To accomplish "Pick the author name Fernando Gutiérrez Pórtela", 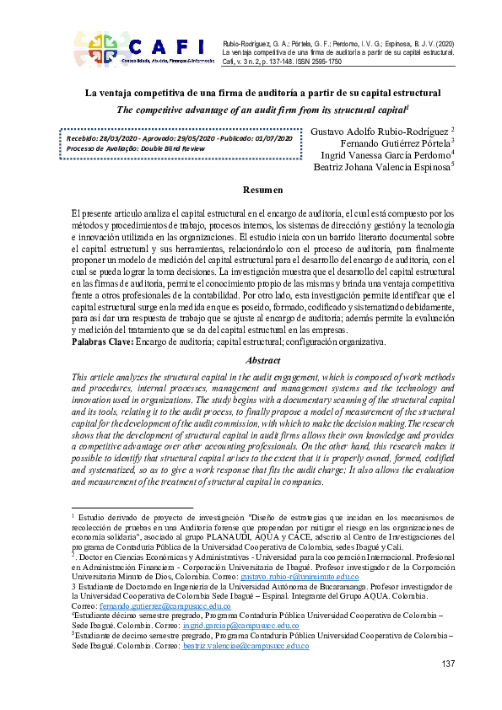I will tap(385, 143).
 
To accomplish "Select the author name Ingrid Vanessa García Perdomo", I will tap(386, 155).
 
